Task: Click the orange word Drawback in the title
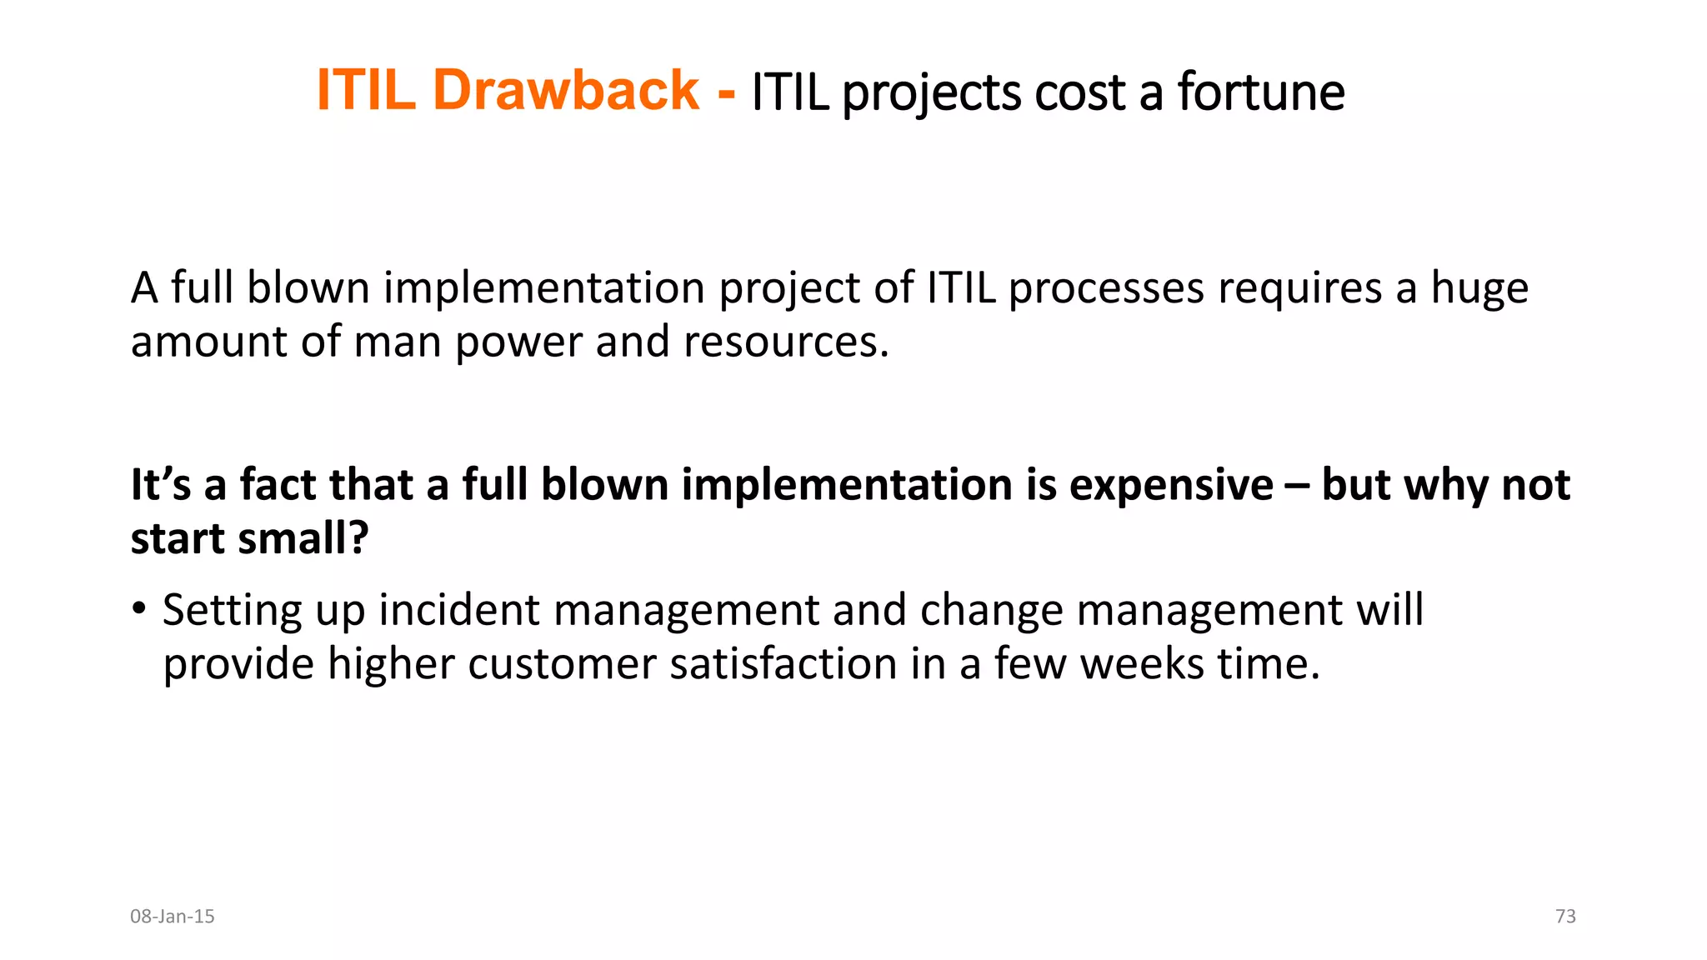[566, 90]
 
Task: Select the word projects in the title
[931, 93]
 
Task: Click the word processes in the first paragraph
[1106, 288]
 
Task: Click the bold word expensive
[1171, 486]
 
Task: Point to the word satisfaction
[783, 664]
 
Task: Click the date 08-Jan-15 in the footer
[173, 917]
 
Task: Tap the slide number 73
[1565, 917]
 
